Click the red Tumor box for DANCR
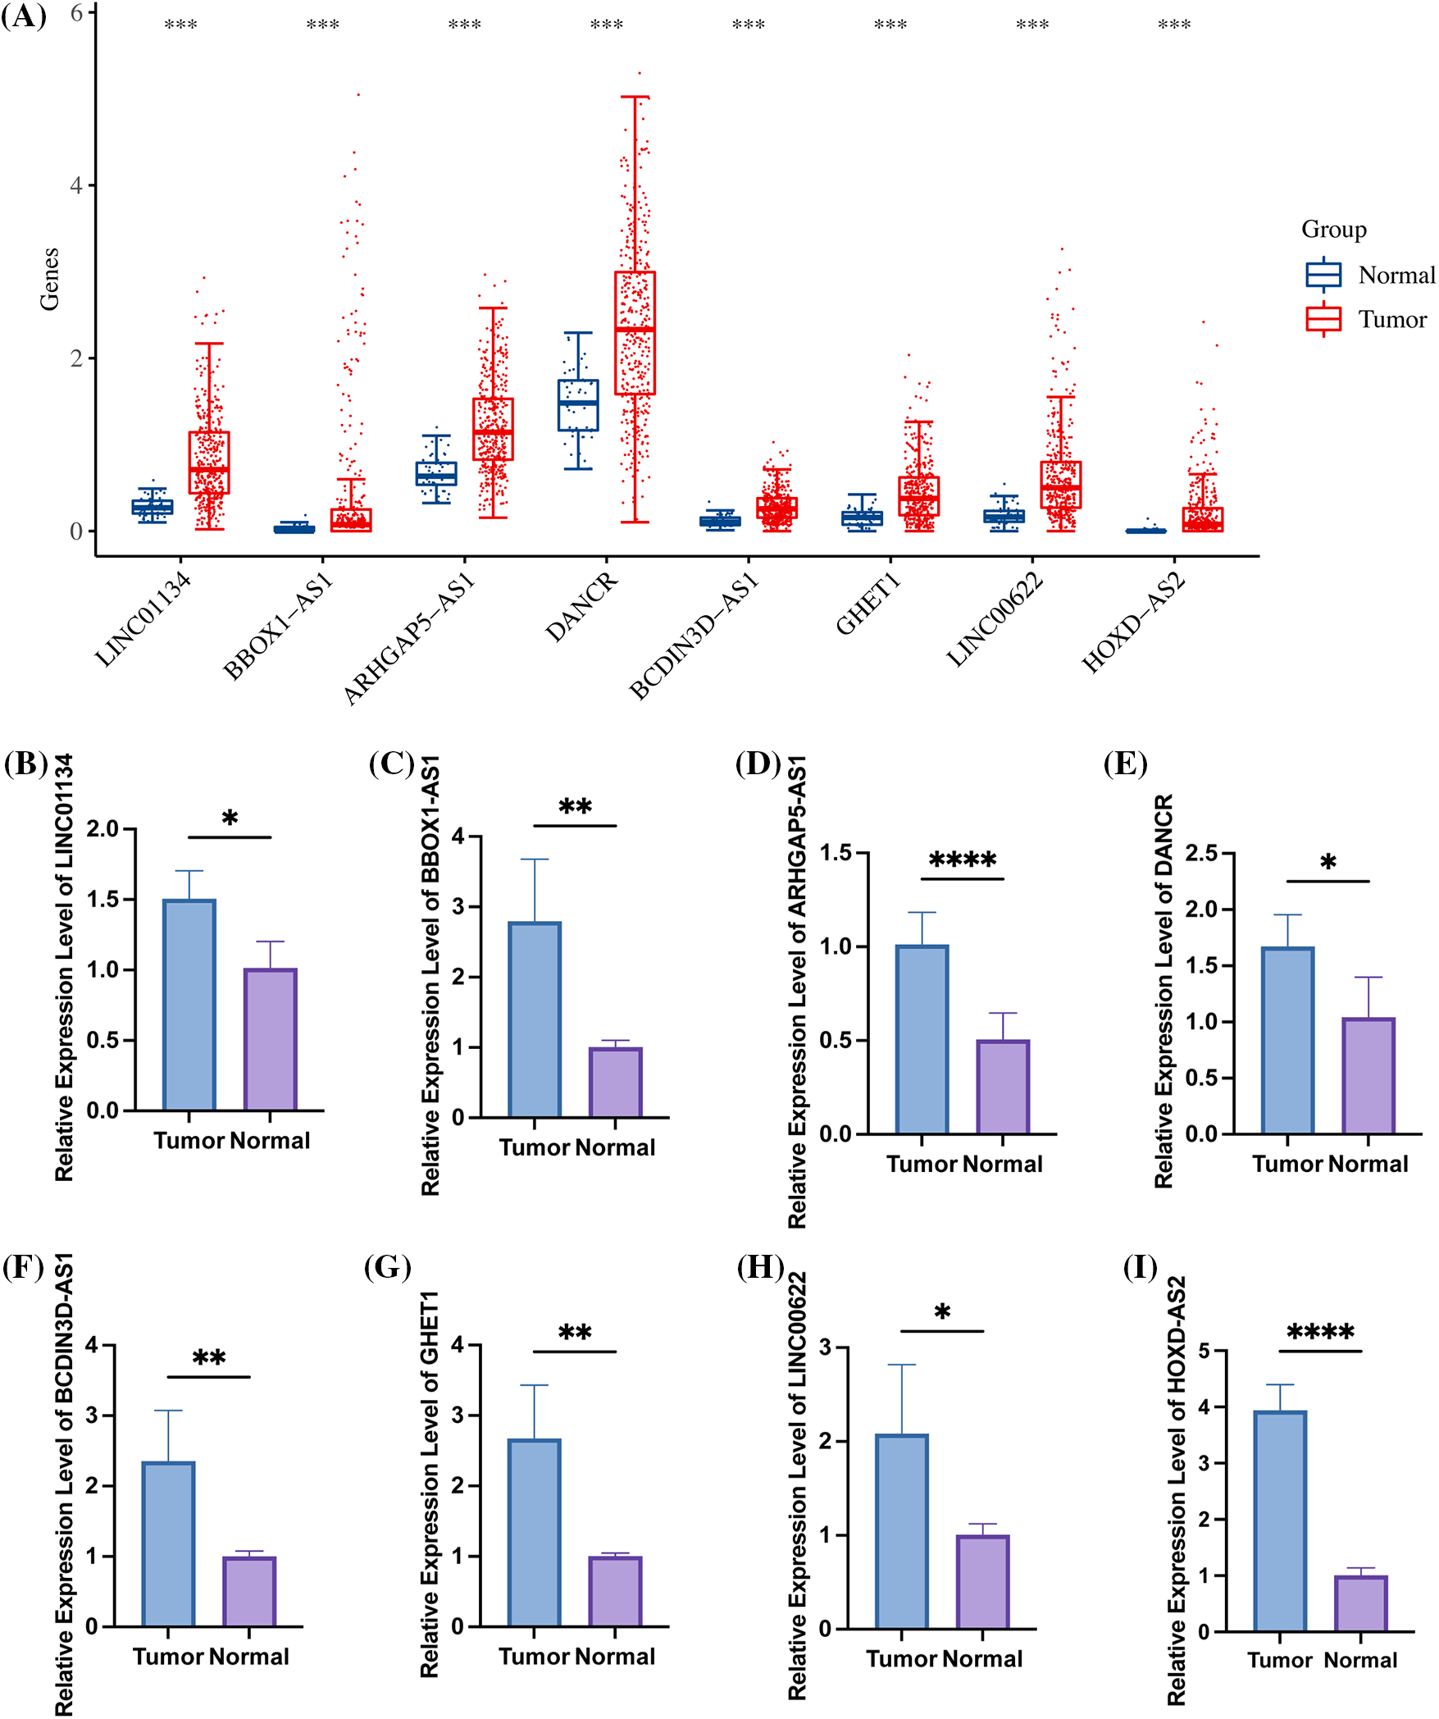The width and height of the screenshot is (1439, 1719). [635, 333]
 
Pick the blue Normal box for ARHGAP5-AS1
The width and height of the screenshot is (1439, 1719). [436, 474]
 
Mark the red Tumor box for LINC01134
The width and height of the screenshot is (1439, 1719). [209, 463]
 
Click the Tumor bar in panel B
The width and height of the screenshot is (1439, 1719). [189, 1005]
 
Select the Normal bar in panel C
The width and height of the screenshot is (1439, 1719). [616, 1083]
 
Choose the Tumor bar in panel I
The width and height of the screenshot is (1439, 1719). [1280, 1521]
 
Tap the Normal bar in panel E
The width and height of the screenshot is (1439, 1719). [1368, 1076]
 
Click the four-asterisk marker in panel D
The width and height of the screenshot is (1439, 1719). [962, 860]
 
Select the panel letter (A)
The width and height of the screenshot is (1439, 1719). [24, 16]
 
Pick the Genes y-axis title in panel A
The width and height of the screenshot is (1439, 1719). [49, 279]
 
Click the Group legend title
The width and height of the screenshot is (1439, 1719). [1333, 230]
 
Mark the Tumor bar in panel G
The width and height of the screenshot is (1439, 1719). [534, 1532]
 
